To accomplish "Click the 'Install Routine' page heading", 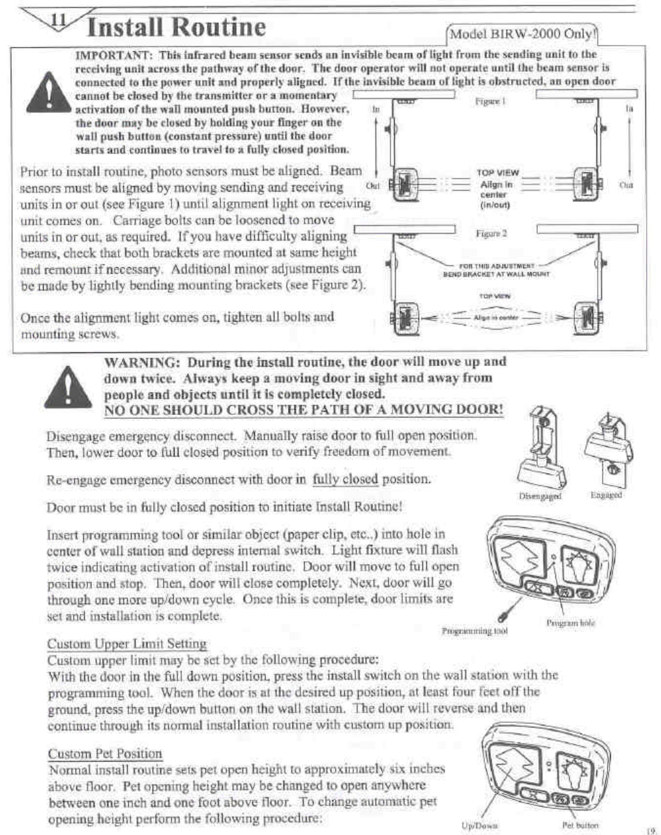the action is coord(176,27).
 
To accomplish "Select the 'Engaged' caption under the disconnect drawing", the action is coord(606,495).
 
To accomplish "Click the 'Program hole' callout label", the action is coord(570,623).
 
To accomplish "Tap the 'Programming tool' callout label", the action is coord(475,630).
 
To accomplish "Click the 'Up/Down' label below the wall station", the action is coord(480,825).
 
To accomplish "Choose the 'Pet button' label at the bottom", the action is coord(575,825).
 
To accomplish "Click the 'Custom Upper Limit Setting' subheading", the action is coord(127,644).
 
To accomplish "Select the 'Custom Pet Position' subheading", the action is coord(105,754).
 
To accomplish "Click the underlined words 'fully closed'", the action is coord(345,479).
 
